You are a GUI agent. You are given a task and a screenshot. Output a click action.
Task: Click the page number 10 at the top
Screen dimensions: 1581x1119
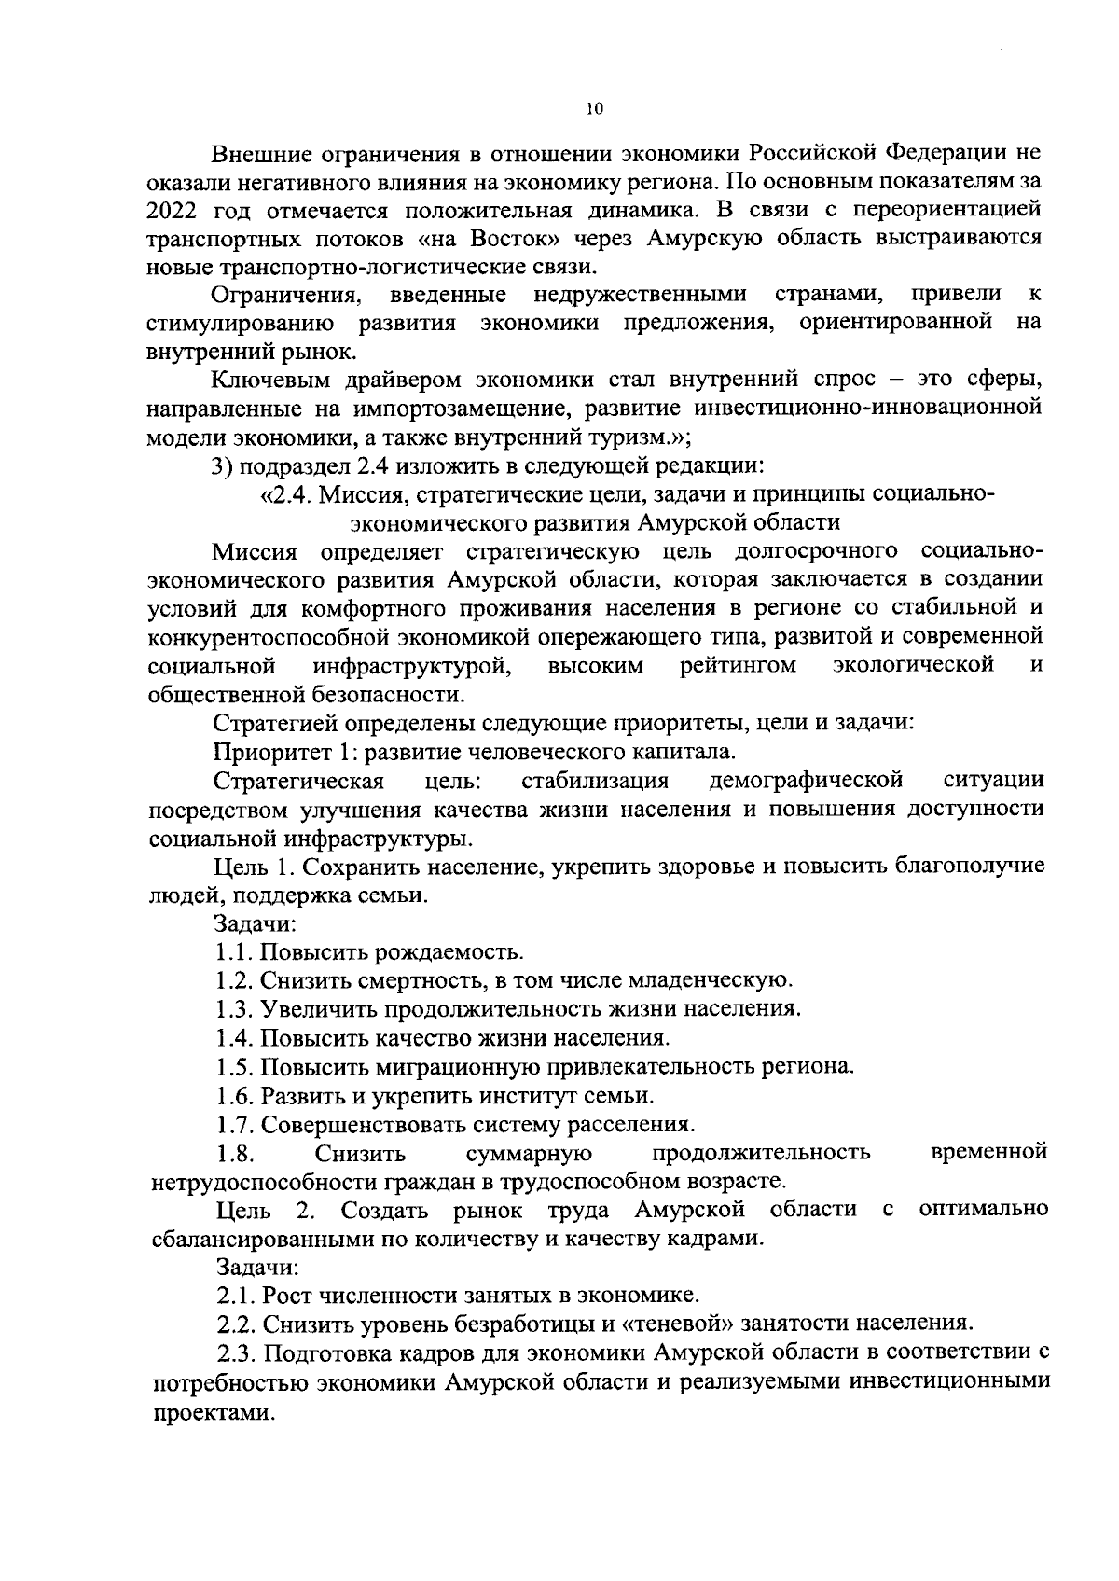tap(595, 109)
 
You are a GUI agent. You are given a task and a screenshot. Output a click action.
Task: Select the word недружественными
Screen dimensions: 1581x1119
tap(641, 296)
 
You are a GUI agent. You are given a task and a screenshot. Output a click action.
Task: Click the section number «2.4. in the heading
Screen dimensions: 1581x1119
tap(289, 494)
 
